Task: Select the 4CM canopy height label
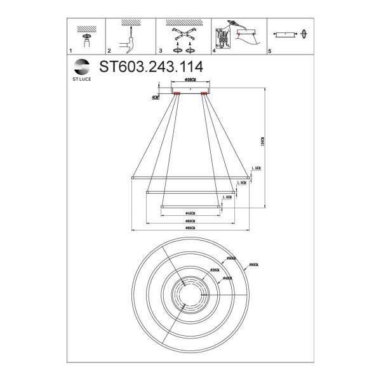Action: point(156,98)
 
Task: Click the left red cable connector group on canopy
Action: point(177,95)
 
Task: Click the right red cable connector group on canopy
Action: point(204,95)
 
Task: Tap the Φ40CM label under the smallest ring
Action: point(190,213)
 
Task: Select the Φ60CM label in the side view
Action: point(190,220)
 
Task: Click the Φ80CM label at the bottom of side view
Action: point(190,228)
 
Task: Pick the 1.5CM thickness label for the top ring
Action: point(257,169)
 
